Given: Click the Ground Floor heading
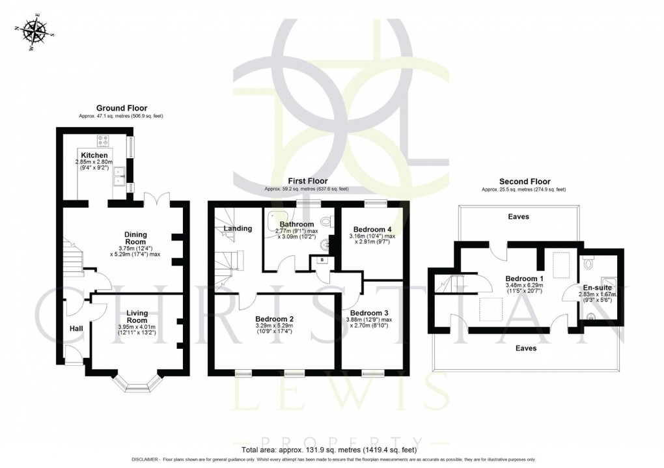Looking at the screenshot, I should [x=122, y=108].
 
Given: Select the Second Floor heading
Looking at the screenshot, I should [x=524, y=182].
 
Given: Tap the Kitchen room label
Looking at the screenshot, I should [x=94, y=155].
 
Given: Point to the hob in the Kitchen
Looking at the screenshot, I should [x=104, y=141].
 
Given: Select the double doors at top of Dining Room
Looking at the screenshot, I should [x=157, y=198].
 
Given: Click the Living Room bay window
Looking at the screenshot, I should [x=137, y=385].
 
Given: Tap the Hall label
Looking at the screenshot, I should [x=76, y=329].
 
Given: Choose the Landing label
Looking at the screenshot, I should [x=238, y=228].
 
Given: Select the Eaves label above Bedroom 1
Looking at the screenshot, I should [x=518, y=217].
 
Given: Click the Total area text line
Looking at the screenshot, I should [x=329, y=450].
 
